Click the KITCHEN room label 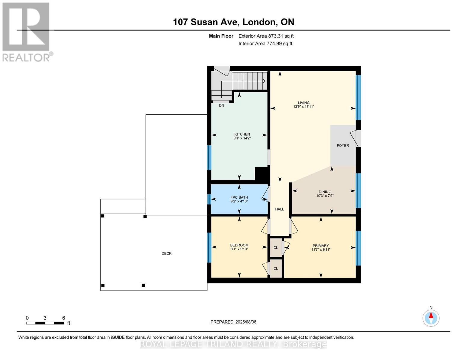point(242,134)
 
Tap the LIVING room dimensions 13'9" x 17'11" point(303,106)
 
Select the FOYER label point(343,145)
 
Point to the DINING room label point(325,192)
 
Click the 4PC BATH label point(239,197)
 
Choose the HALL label point(279,209)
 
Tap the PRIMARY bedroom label point(321,245)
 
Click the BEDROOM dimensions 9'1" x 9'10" point(239,249)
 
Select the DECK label point(166,253)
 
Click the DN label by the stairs point(221,106)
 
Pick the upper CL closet point(275,248)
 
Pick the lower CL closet point(275,268)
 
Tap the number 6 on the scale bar point(63,318)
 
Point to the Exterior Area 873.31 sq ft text point(266,36)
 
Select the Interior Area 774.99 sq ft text point(265,44)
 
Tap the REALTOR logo point(26,32)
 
